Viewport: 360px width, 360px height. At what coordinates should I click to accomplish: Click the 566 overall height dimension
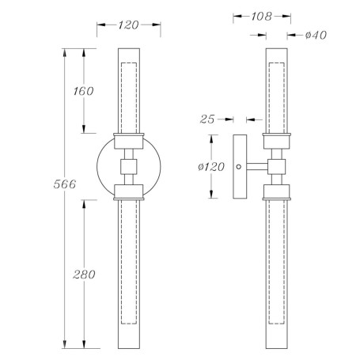65,184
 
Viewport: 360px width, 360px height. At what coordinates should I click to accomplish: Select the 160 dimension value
83,91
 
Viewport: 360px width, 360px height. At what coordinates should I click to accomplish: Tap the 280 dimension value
84,275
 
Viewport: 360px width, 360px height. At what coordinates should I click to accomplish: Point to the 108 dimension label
261,17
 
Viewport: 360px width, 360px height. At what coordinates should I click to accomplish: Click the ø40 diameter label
316,35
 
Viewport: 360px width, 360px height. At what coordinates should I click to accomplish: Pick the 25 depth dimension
207,119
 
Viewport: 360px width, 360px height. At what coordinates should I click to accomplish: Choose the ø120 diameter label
211,166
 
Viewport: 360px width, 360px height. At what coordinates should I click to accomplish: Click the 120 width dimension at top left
128,25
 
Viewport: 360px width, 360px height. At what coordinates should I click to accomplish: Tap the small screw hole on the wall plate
239,167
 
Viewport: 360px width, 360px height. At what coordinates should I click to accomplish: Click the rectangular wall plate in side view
240,167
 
